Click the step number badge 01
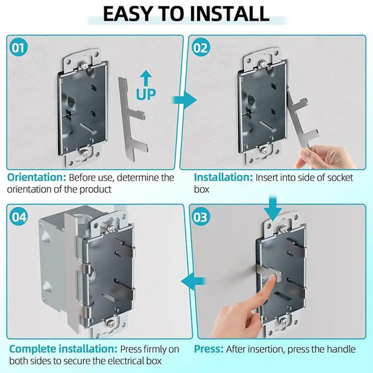point(18,48)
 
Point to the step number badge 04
point(18,217)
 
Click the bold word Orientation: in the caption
point(36,178)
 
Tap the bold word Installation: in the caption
point(222,178)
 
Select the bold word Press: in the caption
point(208,349)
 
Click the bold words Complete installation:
point(63,349)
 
